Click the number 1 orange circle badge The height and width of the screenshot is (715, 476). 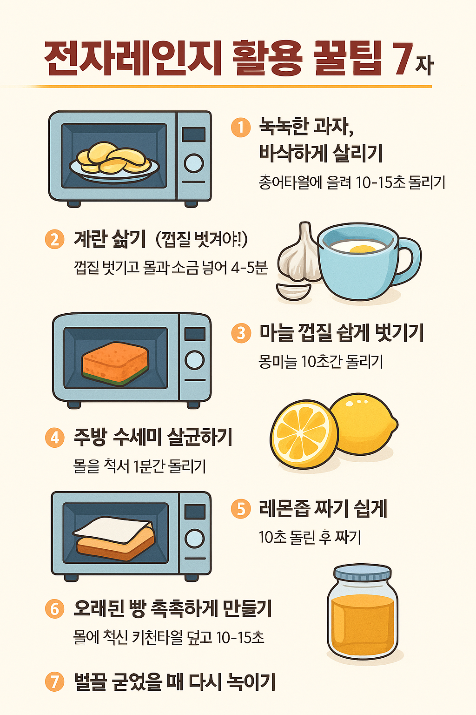241,127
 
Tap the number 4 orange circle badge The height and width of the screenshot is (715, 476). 55,438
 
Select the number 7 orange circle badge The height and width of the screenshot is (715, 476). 55,682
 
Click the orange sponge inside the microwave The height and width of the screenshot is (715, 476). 115,364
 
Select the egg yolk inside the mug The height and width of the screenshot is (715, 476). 362,250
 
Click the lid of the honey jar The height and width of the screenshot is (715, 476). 363,573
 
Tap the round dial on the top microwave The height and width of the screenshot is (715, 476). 193,163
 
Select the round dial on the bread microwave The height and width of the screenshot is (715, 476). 195,539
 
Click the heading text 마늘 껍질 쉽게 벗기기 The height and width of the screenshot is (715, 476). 341,333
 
